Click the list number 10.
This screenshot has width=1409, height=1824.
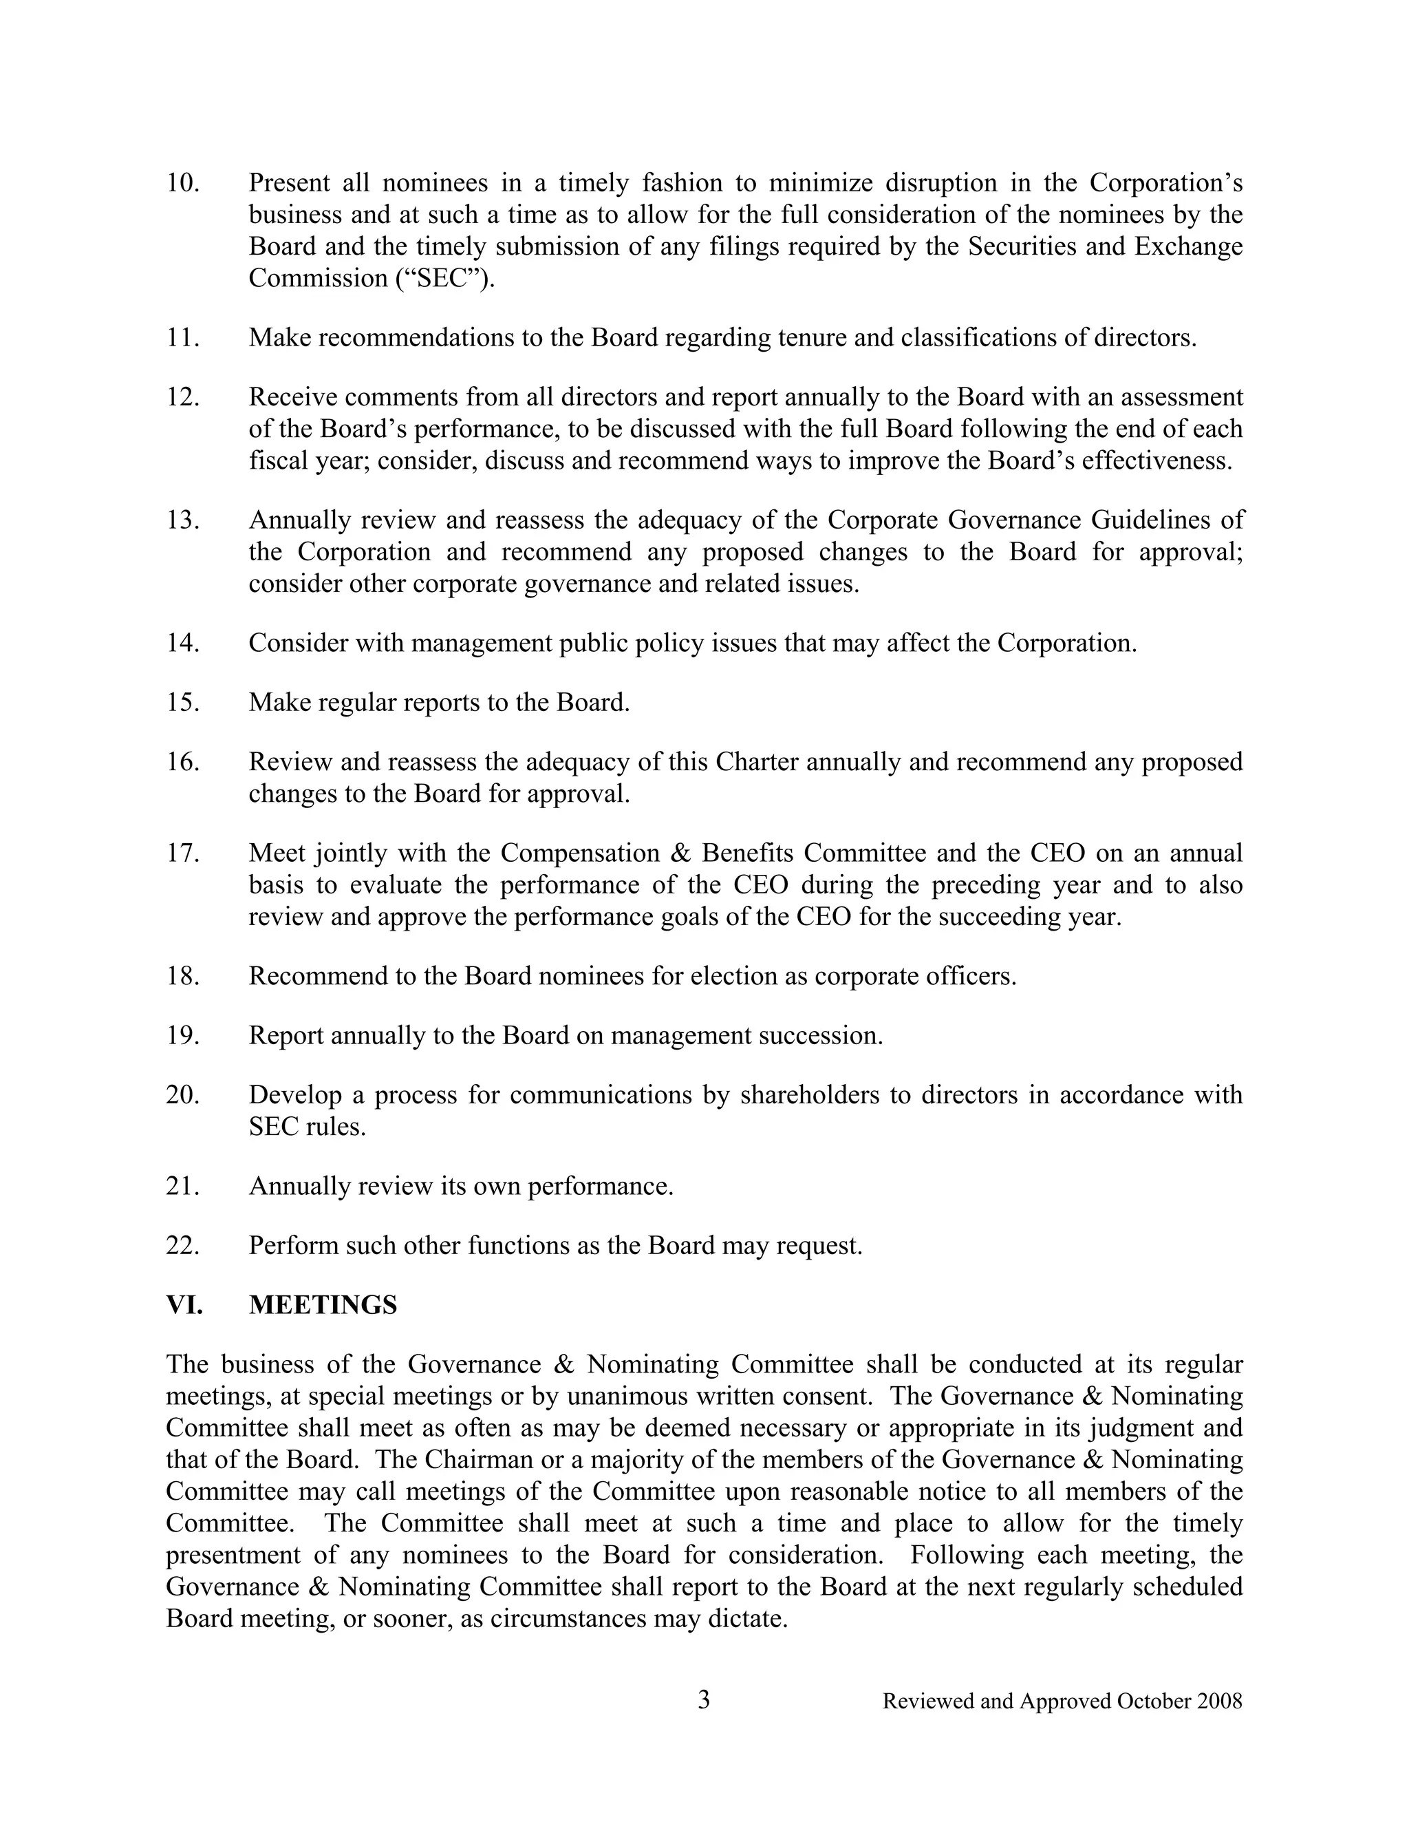183,183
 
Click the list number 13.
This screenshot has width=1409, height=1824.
183,520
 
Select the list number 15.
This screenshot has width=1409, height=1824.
183,702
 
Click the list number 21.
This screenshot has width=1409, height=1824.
183,1186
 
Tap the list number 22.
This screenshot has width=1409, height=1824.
183,1245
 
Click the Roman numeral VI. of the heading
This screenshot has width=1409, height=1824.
184,1305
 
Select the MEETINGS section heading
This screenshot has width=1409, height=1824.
323,1305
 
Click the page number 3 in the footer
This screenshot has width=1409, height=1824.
704,1699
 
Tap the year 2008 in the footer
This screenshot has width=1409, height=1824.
1220,1701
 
